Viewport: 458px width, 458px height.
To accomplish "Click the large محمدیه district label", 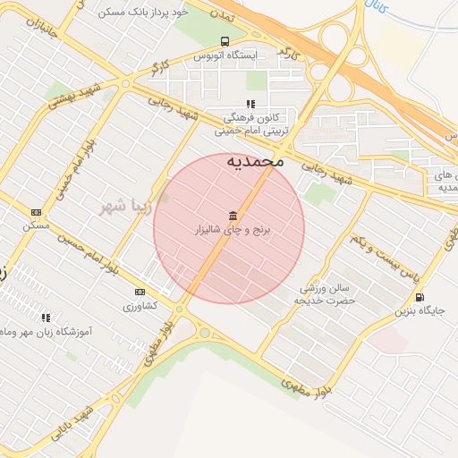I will [255, 161].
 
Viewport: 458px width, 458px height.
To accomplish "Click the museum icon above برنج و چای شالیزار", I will [233, 216].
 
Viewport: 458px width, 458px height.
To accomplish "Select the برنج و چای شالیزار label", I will [233, 230].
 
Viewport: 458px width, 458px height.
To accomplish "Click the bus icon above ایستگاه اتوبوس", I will [224, 41].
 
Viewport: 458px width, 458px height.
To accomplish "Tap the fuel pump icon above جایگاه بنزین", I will [420, 297].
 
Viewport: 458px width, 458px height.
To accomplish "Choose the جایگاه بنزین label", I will [420, 310].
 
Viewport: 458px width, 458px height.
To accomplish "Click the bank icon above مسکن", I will [36, 212].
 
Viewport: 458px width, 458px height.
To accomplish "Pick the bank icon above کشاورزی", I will [140, 292].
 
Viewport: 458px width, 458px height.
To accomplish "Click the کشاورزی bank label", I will [140, 305].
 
